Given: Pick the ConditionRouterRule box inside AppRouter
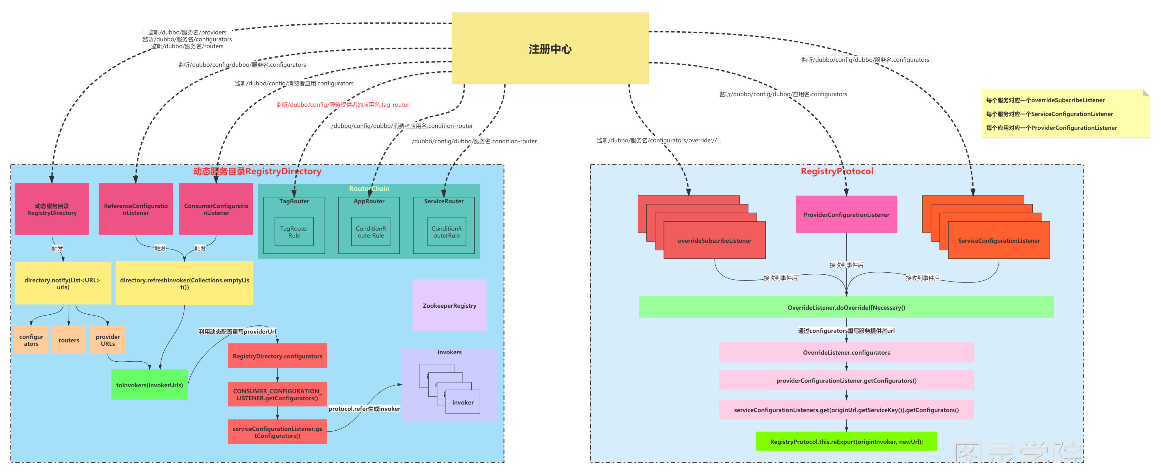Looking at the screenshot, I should [370, 231].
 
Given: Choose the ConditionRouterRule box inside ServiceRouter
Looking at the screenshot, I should [446, 231].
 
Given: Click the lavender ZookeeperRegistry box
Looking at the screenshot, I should [449, 305].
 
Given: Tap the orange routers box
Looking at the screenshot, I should [68, 340].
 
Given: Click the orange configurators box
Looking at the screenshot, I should [31, 340].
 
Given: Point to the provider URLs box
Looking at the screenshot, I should [108, 340].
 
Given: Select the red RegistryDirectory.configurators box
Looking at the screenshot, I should [277, 356].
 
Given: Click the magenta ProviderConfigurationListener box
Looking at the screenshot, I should [846, 214].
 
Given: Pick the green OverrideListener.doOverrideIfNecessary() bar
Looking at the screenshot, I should [846, 307].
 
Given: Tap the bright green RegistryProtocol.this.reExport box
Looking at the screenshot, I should [846, 441].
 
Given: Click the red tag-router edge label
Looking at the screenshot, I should [342, 104].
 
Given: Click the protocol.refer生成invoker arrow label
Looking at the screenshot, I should [364, 409].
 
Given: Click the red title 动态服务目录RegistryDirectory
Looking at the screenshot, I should [257, 171].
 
